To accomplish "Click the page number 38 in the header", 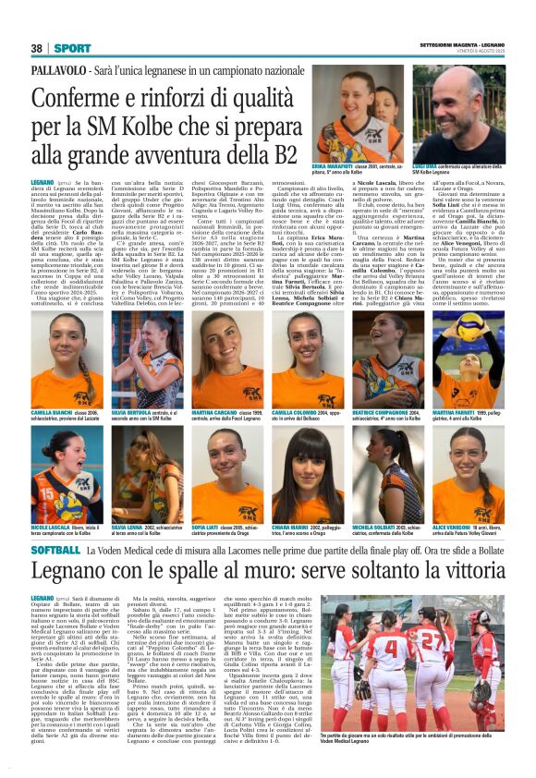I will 37,47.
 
